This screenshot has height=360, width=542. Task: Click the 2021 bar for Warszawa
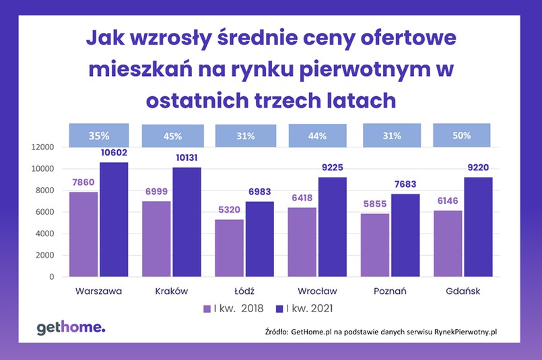point(114,219)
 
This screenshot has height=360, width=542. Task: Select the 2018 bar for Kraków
point(156,239)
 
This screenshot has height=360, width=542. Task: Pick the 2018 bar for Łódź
point(229,248)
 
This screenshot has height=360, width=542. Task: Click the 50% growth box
point(462,136)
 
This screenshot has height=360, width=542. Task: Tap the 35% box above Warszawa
point(98,136)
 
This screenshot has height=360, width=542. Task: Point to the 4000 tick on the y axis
point(44,233)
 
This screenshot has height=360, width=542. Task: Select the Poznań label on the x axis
point(389,291)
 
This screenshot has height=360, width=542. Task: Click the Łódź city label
point(244,291)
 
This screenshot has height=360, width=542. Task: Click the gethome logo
point(71,328)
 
